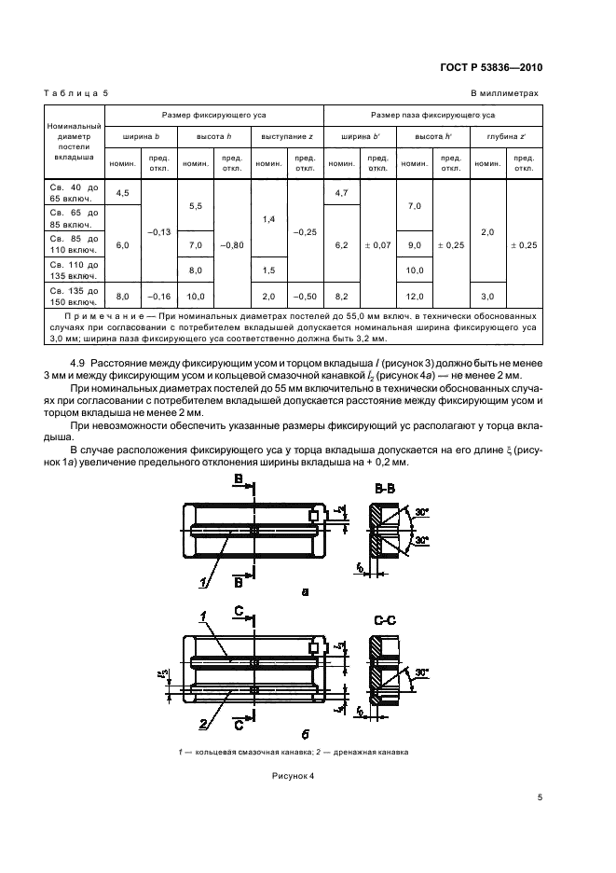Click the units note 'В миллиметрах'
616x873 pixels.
pyautogui.click(x=504, y=93)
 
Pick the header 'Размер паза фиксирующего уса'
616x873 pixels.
pyautogui.click(x=432, y=115)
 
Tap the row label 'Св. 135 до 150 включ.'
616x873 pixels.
pyautogui.click(x=72, y=298)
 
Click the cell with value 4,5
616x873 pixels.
pyautogui.click(x=121, y=193)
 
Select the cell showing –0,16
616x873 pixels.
pyautogui.click(x=158, y=296)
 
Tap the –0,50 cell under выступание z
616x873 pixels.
pyautogui.click(x=304, y=296)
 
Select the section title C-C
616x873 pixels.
pyautogui.click(x=387, y=617)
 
